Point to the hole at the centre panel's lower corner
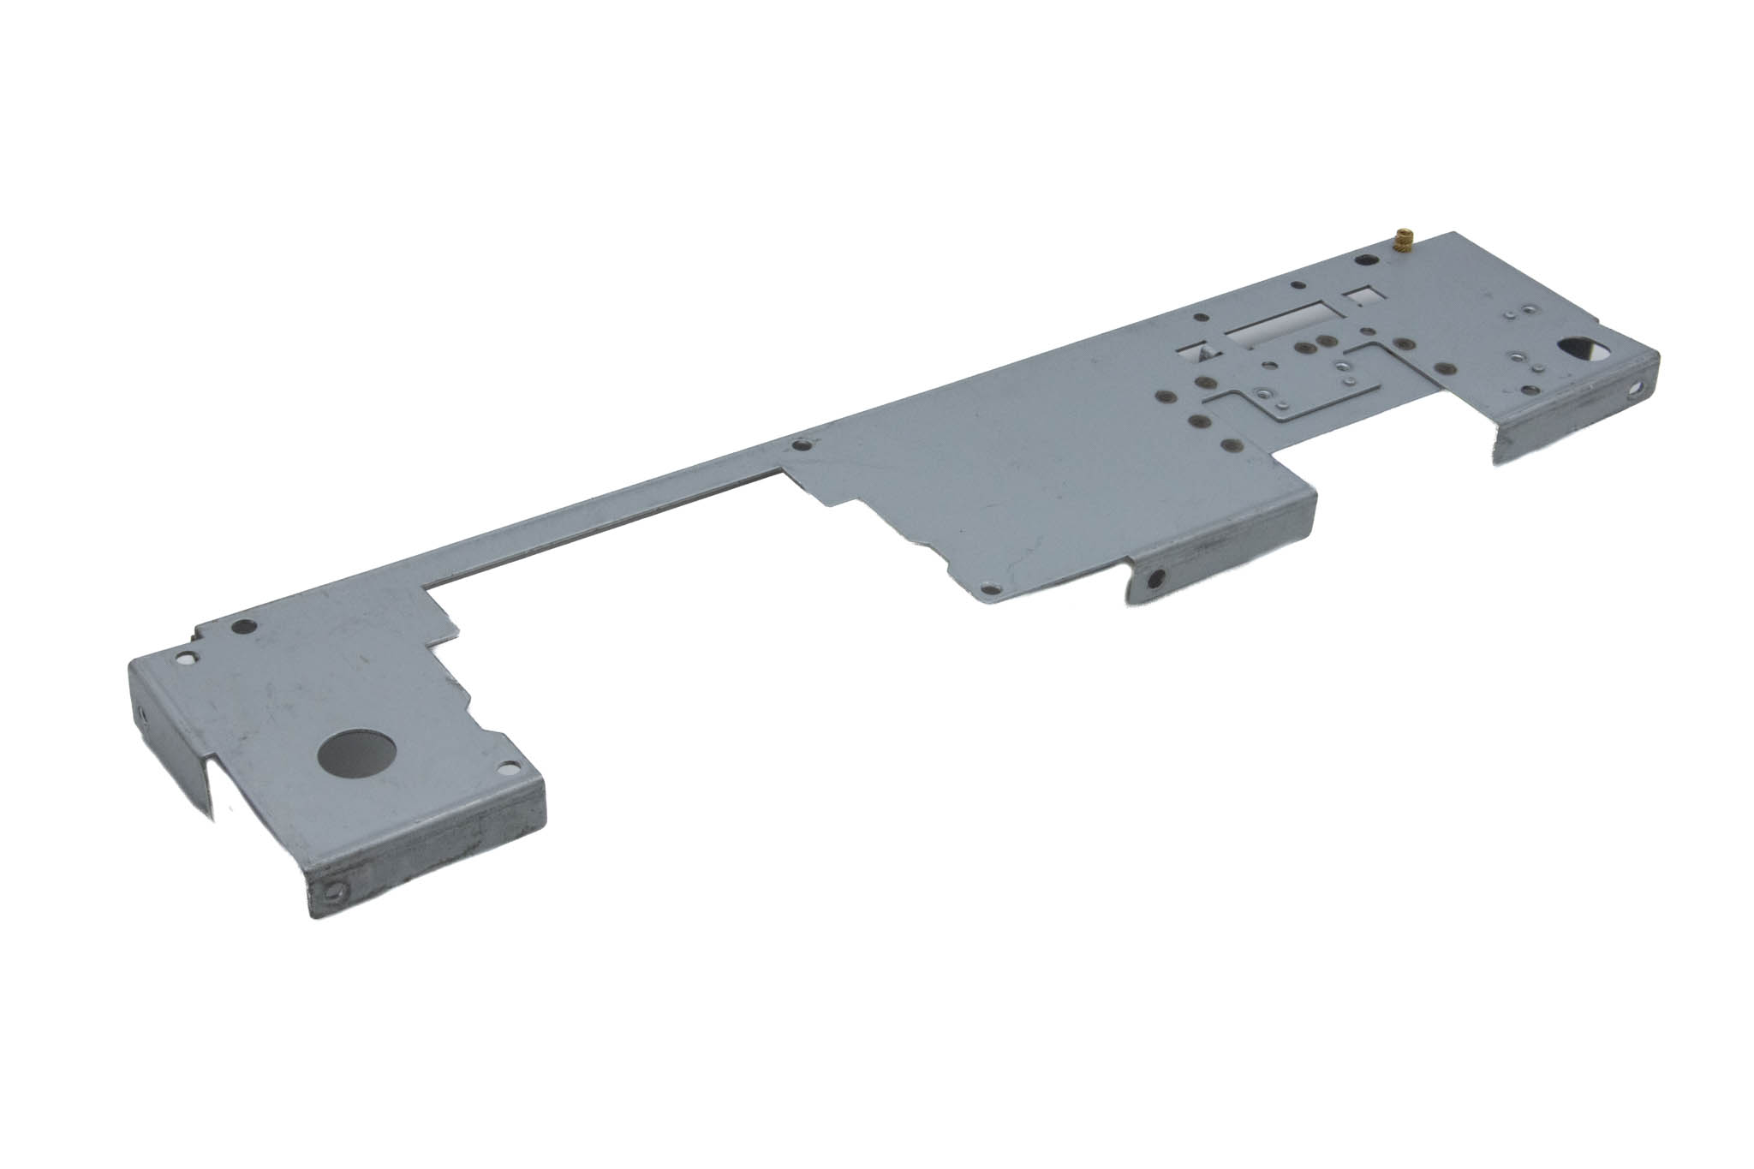coord(992,589)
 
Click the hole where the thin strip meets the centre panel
coord(802,445)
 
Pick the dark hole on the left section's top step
coord(244,626)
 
